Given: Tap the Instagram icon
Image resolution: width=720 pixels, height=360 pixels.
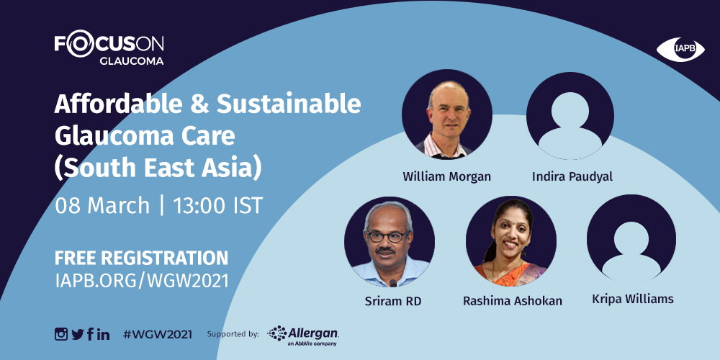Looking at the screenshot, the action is pos(61,334).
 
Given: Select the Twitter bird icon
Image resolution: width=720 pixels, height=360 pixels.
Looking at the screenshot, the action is pos(78,334).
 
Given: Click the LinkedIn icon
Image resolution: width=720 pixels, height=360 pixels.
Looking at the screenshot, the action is pos(103,334).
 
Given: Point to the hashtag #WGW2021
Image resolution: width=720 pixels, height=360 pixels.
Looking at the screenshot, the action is pos(158,334).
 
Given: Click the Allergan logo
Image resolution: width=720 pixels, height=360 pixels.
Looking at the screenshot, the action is pos(303,336).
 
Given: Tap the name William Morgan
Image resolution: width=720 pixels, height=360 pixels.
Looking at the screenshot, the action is pos(447,176).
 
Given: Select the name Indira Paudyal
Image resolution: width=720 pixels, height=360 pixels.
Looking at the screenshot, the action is pos(572,177).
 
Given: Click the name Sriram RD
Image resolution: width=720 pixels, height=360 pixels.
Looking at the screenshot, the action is pos(393,302).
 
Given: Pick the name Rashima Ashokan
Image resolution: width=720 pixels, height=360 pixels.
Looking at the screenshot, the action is pos(513,301).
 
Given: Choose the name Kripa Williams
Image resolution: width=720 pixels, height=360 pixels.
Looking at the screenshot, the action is pos(633,300).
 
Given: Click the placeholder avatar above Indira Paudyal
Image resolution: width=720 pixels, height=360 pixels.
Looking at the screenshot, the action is pos(570,116).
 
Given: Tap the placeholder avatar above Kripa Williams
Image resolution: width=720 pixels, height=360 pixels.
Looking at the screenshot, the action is pos(631,239).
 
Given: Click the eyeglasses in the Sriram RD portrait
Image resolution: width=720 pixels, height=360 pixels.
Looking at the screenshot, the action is pos(388,236).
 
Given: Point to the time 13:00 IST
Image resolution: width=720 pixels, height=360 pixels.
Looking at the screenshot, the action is pos(217,206).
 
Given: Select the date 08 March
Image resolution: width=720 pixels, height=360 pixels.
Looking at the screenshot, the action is pos(102,206).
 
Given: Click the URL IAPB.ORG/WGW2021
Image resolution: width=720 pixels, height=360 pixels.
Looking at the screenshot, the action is pos(141,280).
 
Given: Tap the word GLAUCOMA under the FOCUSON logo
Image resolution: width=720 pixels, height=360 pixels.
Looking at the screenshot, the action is pos(131,60).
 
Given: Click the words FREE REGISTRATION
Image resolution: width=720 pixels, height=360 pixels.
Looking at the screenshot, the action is pos(141,258).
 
